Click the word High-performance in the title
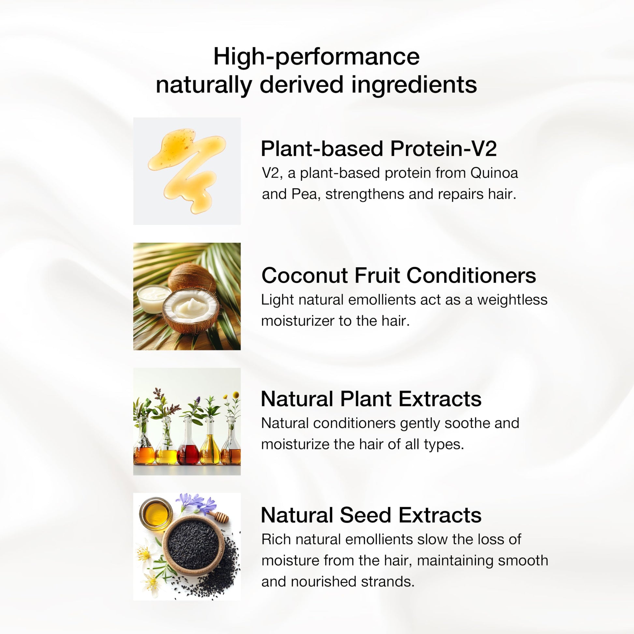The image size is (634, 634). click(x=316, y=57)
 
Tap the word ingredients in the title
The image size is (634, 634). click(x=414, y=85)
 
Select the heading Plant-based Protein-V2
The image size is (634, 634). click(x=379, y=149)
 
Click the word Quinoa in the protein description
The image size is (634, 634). click(x=494, y=173)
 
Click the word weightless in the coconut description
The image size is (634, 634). click(x=512, y=300)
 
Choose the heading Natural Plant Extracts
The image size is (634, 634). click(x=371, y=399)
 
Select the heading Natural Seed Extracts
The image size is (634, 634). click(x=371, y=515)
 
